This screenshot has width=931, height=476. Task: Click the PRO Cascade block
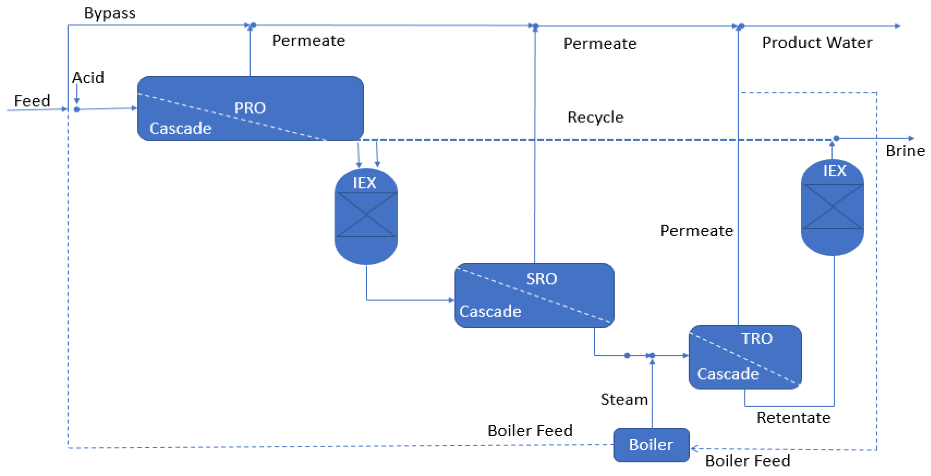[x=250, y=108]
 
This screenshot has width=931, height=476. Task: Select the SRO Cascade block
[x=534, y=295]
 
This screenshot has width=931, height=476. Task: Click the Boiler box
[x=651, y=445]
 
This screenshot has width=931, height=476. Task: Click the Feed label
[x=32, y=101]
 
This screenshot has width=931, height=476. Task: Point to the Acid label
[x=88, y=78]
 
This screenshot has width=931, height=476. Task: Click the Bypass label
[x=109, y=13]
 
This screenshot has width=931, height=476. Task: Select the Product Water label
[x=817, y=43]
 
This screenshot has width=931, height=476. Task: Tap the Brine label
[x=905, y=151]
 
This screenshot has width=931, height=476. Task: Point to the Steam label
[x=624, y=399]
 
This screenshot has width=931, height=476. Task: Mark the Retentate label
[x=793, y=418]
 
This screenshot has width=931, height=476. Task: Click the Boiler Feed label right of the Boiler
[x=747, y=461]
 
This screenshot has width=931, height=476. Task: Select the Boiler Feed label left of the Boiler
[x=530, y=431]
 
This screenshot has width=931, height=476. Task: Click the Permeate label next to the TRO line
[x=696, y=231]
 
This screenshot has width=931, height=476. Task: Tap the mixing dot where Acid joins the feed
[x=76, y=109]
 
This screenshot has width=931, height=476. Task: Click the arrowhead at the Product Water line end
[x=898, y=26]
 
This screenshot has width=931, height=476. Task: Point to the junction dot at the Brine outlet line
[x=836, y=138]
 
